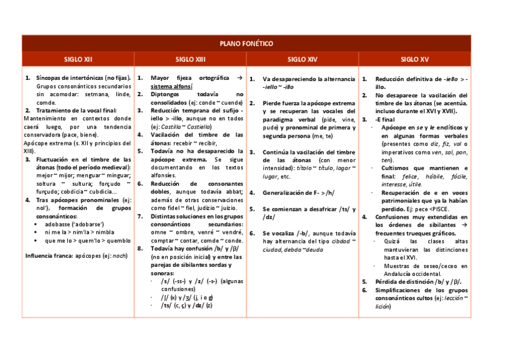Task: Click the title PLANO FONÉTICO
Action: click(247, 44)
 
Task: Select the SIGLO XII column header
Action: click(78, 59)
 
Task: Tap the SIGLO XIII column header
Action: click(190, 59)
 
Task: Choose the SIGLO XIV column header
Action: click(302, 59)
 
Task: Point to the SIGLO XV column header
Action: click(414, 59)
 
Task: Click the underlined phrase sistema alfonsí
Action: click(171, 87)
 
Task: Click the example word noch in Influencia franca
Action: click(120, 255)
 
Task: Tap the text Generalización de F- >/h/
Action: click(297, 193)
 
